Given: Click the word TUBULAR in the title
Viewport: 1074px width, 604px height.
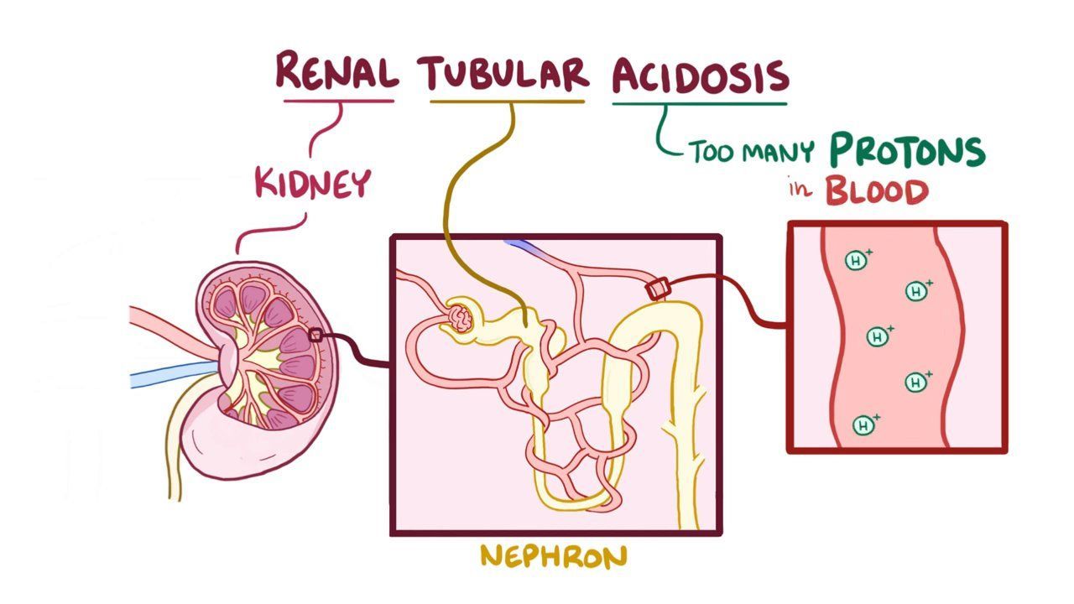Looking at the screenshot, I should [506, 73].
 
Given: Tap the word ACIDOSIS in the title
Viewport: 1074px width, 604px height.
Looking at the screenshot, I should [701, 75].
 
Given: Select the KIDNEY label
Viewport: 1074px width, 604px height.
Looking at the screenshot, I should [312, 183].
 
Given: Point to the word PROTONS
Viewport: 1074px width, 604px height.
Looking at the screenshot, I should [906, 151].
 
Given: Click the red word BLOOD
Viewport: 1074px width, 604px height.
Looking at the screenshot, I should [877, 191].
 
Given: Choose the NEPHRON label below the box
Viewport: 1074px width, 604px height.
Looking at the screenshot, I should [553, 555].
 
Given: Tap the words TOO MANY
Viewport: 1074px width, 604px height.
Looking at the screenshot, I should [752, 152].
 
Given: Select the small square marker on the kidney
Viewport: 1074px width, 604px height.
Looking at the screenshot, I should [315, 336].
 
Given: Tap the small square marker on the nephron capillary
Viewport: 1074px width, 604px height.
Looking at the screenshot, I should [656, 289].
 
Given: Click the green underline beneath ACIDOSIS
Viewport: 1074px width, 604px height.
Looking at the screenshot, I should [699, 104].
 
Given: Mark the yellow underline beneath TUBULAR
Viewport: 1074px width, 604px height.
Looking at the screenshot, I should [507, 102].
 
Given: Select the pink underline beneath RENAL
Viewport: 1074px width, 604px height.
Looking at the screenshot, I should [338, 102].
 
